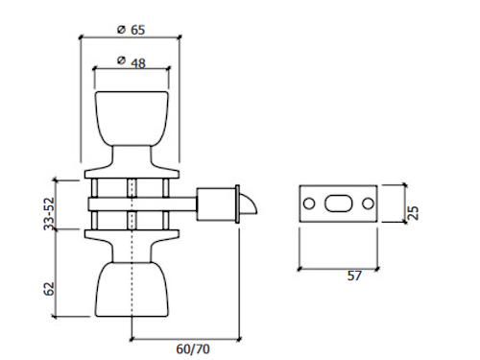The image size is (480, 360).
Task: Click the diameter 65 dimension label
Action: click(132, 30)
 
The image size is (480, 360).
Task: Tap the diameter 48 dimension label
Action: click(132, 62)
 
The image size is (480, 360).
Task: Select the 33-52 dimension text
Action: click(49, 214)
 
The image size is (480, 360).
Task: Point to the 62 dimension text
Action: click(49, 289)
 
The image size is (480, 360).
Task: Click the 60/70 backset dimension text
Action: click(193, 348)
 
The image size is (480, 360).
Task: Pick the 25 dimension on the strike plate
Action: click(414, 213)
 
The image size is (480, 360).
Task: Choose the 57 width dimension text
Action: click(354, 276)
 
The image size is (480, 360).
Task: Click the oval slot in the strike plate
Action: click(339, 204)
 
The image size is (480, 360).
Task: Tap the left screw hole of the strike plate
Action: click(309, 204)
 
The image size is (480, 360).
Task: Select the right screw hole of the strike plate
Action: click(368, 204)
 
